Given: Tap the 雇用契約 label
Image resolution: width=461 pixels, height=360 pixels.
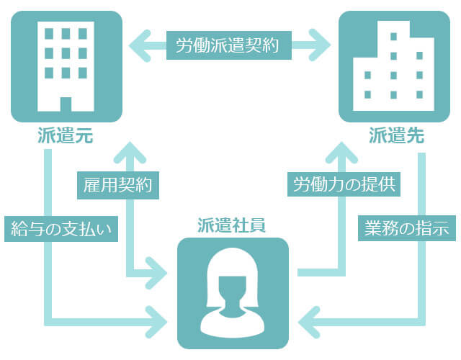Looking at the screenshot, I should (118, 185).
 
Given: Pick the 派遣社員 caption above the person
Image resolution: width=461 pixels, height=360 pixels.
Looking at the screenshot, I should (233, 224).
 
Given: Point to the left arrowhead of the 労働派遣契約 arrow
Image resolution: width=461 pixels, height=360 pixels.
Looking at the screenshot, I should (135, 45).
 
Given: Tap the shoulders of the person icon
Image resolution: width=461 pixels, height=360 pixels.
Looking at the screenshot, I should (233, 323).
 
